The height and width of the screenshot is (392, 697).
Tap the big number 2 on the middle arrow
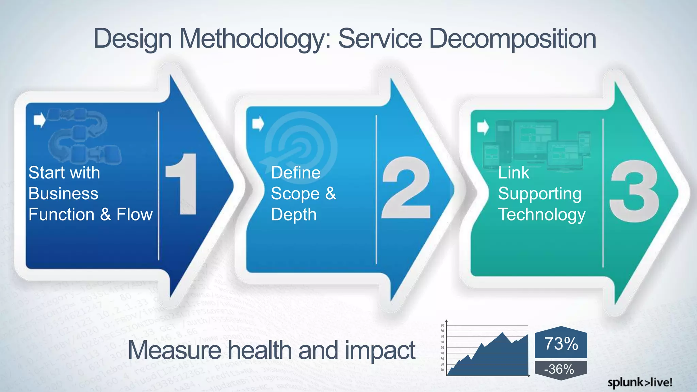[x=406, y=188]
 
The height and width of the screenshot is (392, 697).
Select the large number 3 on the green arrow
[x=634, y=192]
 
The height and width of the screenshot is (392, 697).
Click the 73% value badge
[x=561, y=343]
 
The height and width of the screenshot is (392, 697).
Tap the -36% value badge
[x=560, y=369]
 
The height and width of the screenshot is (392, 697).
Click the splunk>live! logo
[x=640, y=382]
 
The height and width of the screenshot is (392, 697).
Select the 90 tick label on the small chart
[x=442, y=325]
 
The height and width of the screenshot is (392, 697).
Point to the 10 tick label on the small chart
[x=442, y=370]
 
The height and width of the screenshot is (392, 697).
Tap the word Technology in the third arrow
[x=541, y=215]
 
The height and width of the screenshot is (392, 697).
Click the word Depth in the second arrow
[x=294, y=215]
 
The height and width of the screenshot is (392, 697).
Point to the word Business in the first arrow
[x=63, y=194]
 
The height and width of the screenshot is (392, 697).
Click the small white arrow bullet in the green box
[x=483, y=127]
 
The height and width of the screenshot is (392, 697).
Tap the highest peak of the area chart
[x=502, y=333]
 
